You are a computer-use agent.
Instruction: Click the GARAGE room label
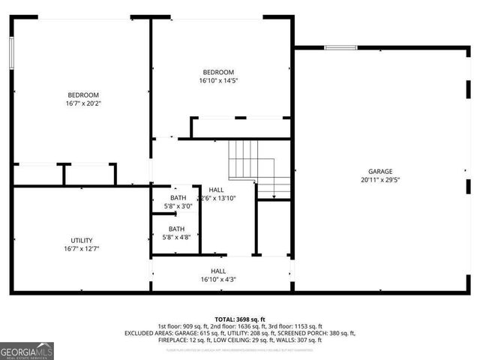click(379, 171)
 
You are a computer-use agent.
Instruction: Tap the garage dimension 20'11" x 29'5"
click(379, 180)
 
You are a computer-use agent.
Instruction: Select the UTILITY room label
click(82, 240)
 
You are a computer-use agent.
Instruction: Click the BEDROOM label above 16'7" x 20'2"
click(83, 94)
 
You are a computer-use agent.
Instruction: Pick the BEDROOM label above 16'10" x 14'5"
click(218, 72)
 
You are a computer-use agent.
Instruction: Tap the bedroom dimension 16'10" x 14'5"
click(218, 81)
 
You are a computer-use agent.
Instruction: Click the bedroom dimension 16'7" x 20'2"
click(83, 103)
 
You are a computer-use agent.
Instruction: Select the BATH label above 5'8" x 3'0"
click(178, 197)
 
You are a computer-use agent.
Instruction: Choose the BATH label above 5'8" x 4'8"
click(176, 229)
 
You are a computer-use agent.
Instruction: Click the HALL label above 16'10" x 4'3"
click(218, 271)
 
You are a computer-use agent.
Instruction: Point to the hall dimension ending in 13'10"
click(217, 199)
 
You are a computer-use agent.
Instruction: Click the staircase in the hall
click(259, 169)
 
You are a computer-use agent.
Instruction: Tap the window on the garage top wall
click(340, 49)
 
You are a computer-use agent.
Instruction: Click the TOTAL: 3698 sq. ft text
click(240, 319)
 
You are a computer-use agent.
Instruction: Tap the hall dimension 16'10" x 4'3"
click(218, 280)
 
